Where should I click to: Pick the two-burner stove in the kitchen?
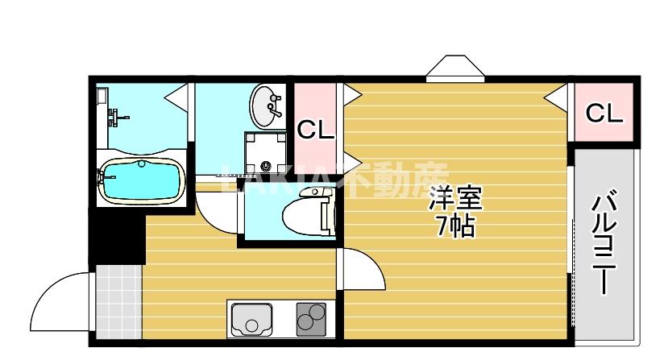310,320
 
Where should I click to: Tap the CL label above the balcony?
604,114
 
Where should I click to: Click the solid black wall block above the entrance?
115,238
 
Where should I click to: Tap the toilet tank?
327,214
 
